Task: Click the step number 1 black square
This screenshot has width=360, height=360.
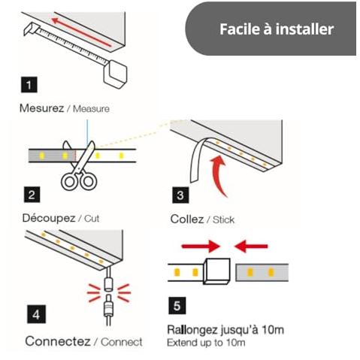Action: coord(29,85)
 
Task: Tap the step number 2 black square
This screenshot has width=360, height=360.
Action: coord(32,195)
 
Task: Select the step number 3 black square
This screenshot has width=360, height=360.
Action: coord(180,195)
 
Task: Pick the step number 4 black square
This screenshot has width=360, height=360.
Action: coord(36,314)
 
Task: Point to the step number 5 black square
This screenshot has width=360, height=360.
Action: coord(177,306)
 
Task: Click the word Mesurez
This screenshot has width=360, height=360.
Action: coord(41,108)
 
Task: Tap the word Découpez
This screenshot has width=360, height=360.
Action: coord(49,218)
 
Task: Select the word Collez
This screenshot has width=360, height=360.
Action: coord(187,219)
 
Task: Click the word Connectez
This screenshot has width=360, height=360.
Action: coord(58,341)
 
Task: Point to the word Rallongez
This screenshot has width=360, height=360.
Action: coord(192,330)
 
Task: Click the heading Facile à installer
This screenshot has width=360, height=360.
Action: coord(277,29)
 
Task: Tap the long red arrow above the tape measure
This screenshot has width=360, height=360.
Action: coord(81,32)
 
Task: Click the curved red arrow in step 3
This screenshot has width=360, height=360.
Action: coord(219,175)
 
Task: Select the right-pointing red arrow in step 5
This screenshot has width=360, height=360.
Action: coord(201,247)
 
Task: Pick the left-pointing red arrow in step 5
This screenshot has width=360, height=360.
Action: coord(251,247)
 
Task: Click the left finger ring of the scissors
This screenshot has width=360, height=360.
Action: coord(69,181)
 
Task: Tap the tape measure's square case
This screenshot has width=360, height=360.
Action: coord(116,74)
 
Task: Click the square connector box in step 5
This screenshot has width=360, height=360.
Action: coord(216,271)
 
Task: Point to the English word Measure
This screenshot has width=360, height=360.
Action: coord(91,109)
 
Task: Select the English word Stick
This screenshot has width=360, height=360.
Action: coord(223,219)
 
